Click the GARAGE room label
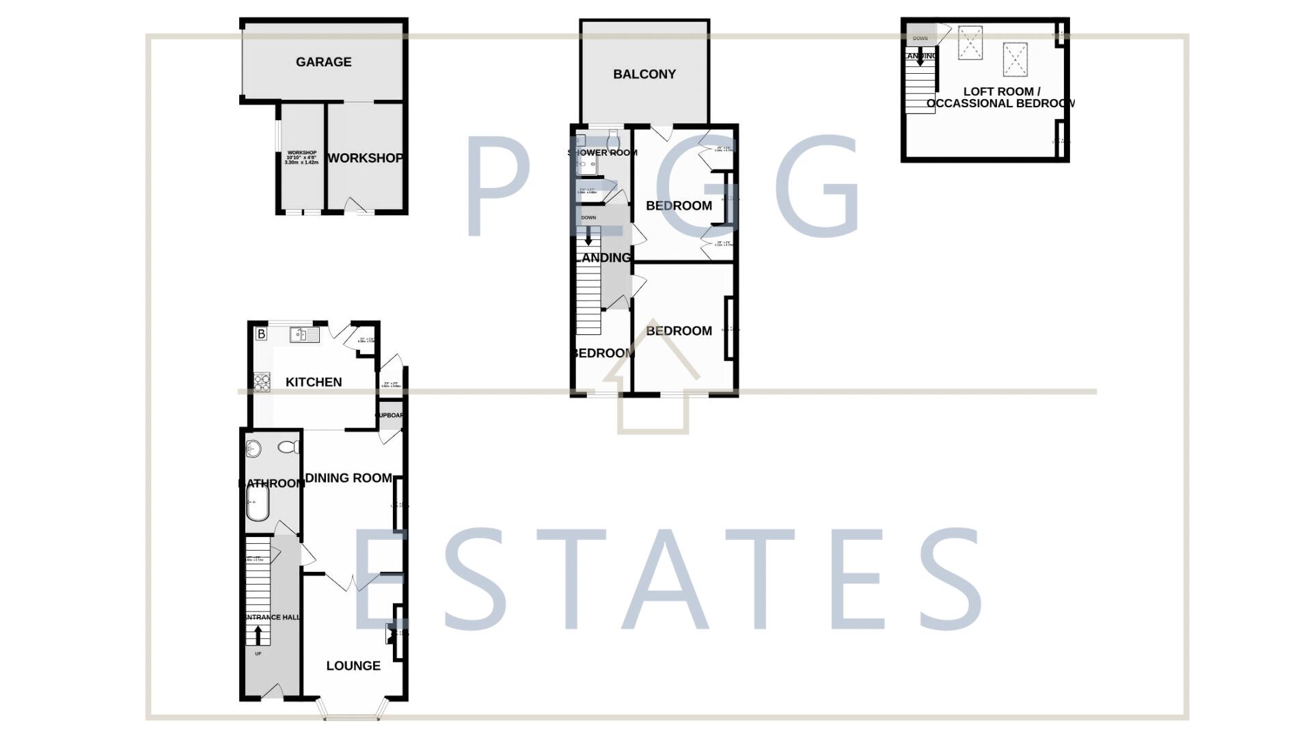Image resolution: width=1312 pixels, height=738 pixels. click(323, 62)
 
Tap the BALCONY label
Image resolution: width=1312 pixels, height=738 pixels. click(644, 74)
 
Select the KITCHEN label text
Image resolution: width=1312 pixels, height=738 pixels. click(314, 382)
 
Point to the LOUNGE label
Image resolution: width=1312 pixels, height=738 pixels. click(353, 666)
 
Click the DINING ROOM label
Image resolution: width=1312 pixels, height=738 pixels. click(348, 478)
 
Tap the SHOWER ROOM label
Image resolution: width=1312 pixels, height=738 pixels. click(602, 152)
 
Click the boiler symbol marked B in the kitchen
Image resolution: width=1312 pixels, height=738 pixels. click(261, 334)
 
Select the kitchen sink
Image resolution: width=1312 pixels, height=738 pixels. click(304, 335)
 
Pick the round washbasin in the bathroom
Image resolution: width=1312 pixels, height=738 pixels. click(254, 449)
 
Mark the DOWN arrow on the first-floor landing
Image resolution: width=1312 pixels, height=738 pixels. click(588, 236)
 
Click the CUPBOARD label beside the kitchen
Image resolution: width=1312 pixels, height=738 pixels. click(390, 415)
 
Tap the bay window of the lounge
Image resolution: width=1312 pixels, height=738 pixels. click(352, 716)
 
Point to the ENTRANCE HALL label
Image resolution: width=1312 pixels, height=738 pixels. click(273, 618)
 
